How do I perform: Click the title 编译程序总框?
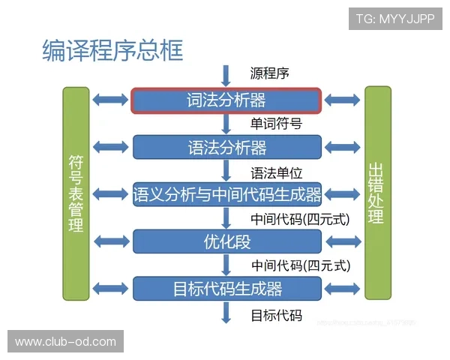pos(112,50)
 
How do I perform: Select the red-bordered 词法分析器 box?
pos(226,100)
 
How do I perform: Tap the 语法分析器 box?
pos(226,147)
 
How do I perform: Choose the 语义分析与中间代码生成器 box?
pos(226,195)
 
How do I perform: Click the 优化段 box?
pos(226,241)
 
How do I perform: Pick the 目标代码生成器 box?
pos(226,289)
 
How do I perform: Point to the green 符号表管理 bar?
pos(76,193)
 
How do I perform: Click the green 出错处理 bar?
pos(376,193)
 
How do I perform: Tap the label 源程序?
pos(270,73)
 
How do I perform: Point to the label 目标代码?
pos(276,315)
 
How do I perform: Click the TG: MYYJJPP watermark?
pos(395,17)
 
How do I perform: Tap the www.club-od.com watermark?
pos(65,342)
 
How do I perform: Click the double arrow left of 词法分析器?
pos(110,100)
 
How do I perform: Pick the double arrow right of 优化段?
pos(343,241)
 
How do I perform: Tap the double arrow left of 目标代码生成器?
pos(110,289)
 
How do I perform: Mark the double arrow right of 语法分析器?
pos(343,147)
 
